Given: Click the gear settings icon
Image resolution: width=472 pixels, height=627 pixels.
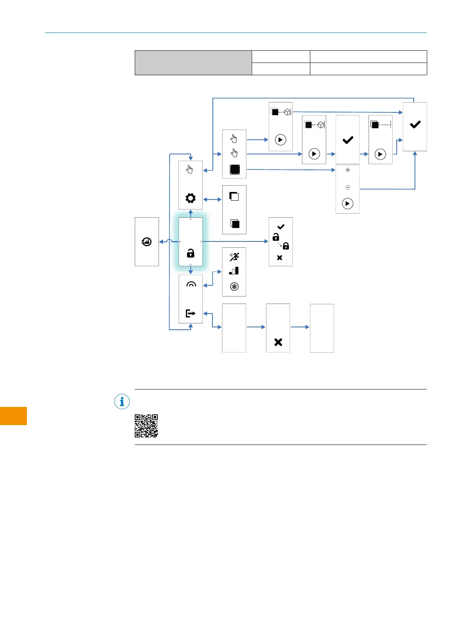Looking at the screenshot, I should point(191,198).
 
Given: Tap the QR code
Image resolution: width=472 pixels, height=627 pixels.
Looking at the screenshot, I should point(146,426).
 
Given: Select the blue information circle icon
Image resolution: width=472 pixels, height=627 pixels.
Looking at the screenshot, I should point(122,402).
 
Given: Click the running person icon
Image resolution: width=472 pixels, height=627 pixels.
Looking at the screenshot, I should point(234,257).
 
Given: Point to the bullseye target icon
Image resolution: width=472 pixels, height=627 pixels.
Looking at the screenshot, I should point(234,287).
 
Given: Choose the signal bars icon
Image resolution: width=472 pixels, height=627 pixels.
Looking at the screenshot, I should point(234,271).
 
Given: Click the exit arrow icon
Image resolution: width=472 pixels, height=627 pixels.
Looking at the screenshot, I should point(191,313).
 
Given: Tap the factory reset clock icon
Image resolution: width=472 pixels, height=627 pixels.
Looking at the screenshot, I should point(147,241).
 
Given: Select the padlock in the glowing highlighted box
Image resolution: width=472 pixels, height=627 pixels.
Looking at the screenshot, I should point(191,253).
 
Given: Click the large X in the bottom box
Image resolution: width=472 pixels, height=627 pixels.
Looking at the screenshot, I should point(278,342).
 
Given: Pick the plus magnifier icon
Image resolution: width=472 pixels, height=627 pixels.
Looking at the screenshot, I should point(348,170).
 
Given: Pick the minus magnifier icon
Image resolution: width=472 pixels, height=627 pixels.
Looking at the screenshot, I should point(348,187).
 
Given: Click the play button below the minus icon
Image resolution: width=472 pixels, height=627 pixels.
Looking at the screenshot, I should point(348,203).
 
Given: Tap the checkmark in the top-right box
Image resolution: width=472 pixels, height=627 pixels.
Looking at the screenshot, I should point(415,125).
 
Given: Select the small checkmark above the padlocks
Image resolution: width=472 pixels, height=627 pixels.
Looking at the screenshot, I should point(281,227).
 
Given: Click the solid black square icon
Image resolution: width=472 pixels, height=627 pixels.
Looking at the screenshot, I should point(235,170).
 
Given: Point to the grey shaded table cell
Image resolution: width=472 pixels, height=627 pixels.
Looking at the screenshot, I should point(193,63).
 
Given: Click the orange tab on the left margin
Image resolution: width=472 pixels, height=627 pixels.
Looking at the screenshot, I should point(13,416).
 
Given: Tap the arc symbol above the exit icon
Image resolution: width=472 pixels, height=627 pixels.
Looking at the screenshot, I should point(191,284).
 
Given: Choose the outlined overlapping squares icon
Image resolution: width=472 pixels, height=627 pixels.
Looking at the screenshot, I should point(234,196).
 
